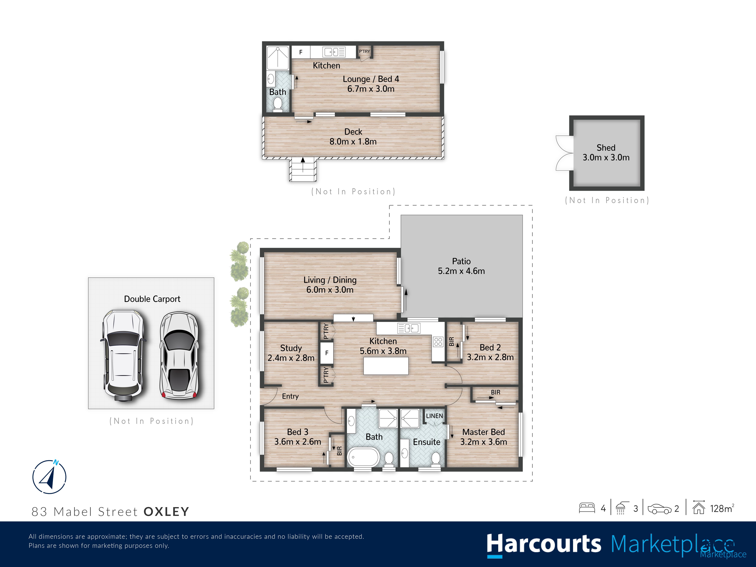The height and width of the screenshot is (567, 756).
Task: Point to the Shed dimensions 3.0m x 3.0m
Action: [x=606, y=158]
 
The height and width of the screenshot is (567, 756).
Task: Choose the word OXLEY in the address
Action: [x=166, y=512]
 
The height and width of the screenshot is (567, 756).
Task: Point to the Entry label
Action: [x=290, y=396]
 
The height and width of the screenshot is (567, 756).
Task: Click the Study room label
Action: [x=291, y=348]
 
